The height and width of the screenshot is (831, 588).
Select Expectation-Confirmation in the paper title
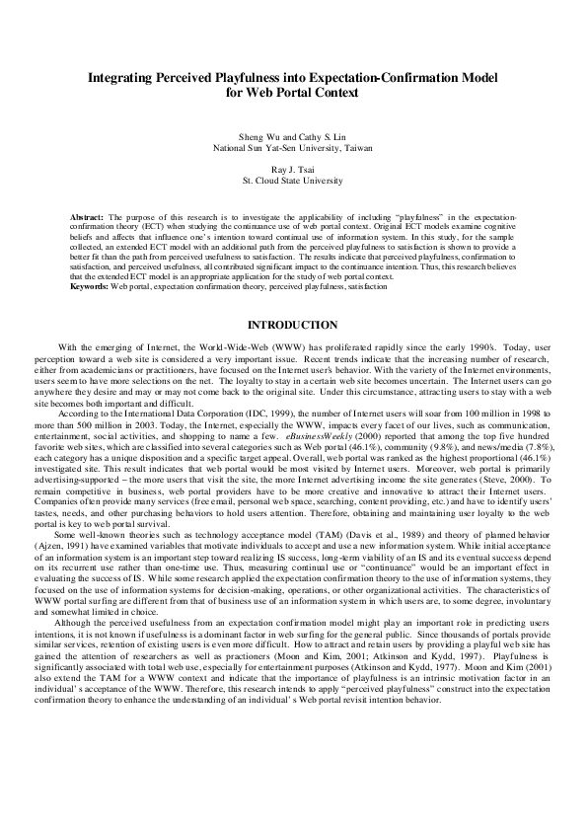[x=374, y=75]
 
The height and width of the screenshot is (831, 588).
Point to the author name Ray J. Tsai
[x=293, y=170]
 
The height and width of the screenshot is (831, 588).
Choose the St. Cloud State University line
[x=293, y=182]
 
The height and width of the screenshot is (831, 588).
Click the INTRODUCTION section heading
[x=293, y=325]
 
